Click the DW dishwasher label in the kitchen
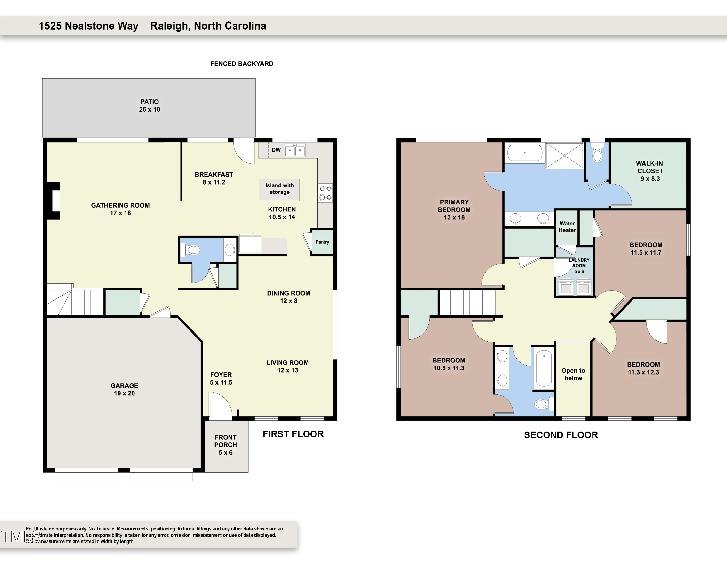[x=276, y=150]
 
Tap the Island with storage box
[x=279, y=190]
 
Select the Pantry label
[x=322, y=242]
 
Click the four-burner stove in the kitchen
[x=325, y=193]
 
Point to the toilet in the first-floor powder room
[x=190, y=250]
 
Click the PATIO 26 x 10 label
[x=150, y=105]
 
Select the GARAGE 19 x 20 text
[x=124, y=389]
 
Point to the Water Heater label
[x=567, y=227]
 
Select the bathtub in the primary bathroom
[x=525, y=153]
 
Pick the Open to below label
[x=573, y=374]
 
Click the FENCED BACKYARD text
[x=242, y=64]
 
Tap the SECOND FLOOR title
[x=561, y=435]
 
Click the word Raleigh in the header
[x=170, y=26]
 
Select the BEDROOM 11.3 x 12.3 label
[x=643, y=368]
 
